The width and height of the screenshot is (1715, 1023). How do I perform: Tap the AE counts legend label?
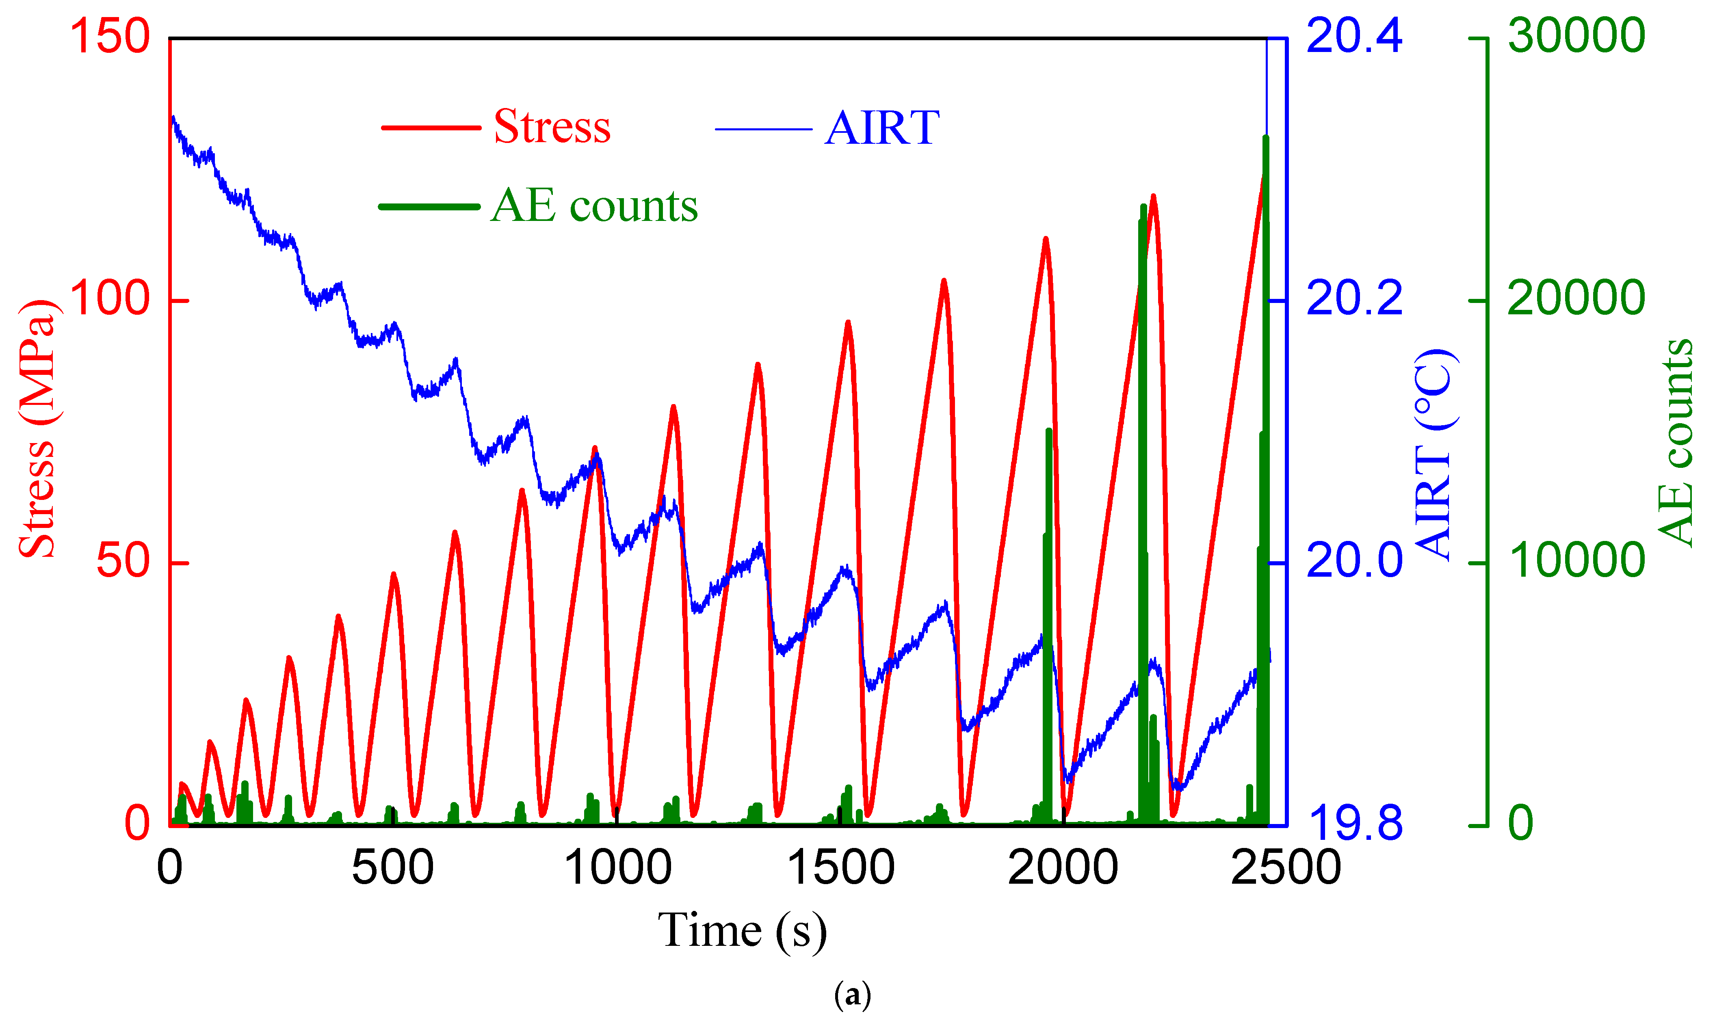594,206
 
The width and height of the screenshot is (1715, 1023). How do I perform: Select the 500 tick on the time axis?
392,868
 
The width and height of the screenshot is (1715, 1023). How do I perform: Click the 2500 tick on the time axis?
1286,868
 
